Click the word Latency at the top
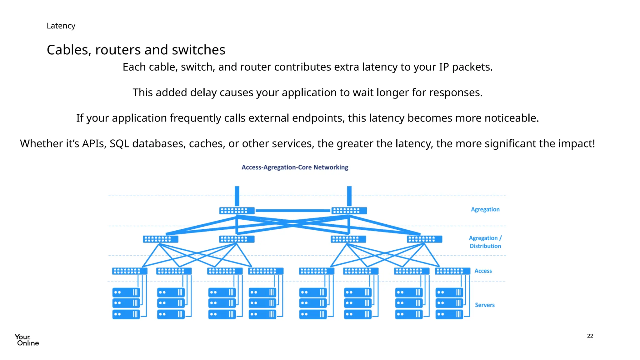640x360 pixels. click(61, 26)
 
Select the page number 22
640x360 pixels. click(590, 336)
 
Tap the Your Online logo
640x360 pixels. click(27, 340)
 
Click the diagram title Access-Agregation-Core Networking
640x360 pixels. click(295, 167)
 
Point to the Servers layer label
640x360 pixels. click(485, 305)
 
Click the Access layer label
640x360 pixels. click(483, 271)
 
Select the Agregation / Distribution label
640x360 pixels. click(485, 242)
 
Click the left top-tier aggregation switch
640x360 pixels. click(237, 211)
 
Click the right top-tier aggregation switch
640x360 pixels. click(349, 211)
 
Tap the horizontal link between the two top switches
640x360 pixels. click(293, 211)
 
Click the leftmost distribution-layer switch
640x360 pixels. click(161, 239)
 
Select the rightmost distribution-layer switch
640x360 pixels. click(424, 239)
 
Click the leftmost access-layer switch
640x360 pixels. click(130, 271)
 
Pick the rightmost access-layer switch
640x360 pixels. click(452, 271)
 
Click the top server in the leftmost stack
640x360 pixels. click(126, 292)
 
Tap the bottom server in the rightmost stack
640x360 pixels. click(449, 314)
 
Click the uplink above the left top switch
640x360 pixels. click(237, 196)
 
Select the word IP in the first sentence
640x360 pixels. click(444, 67)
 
